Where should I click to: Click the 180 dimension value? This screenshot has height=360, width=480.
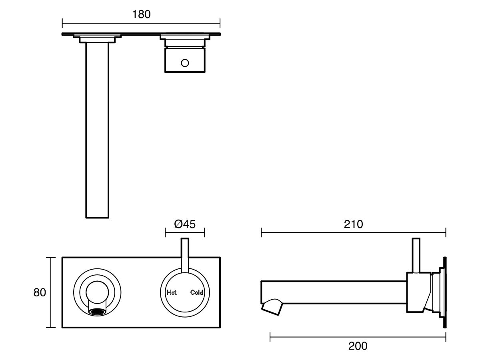141,14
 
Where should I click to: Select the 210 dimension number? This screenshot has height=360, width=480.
354,224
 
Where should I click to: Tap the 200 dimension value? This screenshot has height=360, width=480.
358,346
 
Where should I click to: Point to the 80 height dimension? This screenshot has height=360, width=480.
40,292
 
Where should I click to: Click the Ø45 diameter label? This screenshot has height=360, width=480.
185,224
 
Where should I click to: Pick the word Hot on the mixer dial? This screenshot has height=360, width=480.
172,292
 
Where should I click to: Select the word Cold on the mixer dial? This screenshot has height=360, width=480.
197,292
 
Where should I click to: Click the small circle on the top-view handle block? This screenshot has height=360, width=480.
185,62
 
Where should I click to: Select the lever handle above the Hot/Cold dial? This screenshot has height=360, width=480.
185,254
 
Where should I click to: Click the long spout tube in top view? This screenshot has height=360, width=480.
97,132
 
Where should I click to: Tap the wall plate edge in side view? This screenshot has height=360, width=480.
444,292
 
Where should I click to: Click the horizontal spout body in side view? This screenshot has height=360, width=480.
332,292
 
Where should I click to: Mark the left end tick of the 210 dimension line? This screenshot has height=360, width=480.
261,232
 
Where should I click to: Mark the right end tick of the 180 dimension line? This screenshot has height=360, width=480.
220,22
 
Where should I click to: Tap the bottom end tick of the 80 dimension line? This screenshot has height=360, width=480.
50,328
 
